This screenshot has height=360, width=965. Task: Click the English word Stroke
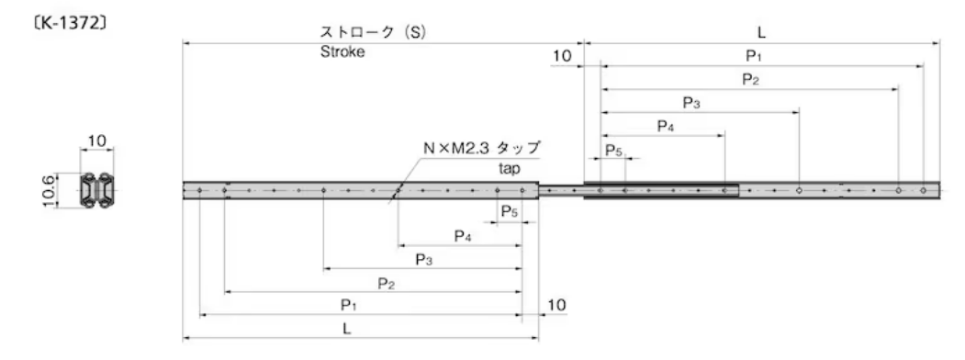coord(342,52)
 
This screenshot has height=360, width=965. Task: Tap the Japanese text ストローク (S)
coord(371,32)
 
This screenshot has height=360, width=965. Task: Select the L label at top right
coord(761,32)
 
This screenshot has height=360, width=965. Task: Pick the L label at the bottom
coord(348,327)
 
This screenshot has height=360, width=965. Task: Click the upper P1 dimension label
coord(753,57)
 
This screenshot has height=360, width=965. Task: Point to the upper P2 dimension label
coord(750,80)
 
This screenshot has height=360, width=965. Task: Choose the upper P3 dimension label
coord(691,103)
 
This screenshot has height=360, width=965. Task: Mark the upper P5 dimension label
coord(612,150)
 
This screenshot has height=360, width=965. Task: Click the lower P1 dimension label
coord(348,304)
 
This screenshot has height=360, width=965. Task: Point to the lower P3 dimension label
coord(423,260)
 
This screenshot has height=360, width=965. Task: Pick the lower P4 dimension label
coord(463,237)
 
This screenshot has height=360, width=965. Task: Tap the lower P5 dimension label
coord(509,212)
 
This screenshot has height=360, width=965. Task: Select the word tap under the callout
coord(510,169)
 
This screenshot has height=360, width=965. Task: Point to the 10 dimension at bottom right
coord(556,304)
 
